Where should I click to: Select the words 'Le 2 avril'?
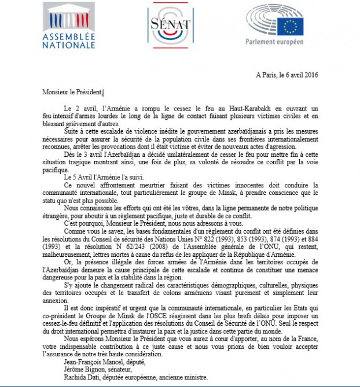[x=76, y=108]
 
